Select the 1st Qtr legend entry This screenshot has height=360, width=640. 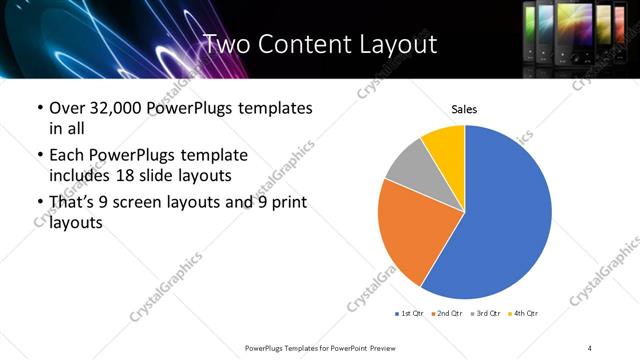410,314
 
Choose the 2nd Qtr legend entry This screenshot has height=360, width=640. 446,314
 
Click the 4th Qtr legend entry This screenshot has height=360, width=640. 522,314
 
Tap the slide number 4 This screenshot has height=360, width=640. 590,347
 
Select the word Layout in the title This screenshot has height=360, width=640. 396,44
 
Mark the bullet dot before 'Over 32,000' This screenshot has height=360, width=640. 38,108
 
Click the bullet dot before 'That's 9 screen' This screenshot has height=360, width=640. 38,203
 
